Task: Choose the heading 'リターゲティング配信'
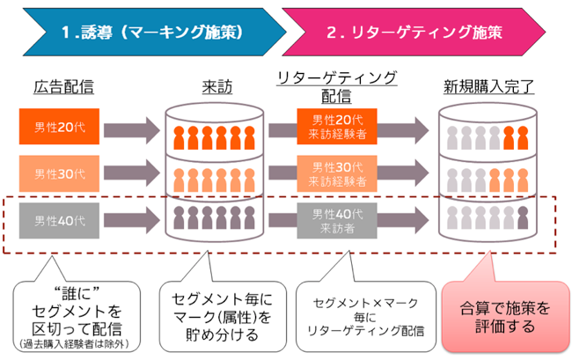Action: click(336, 84)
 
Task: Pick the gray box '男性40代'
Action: click(60, 218)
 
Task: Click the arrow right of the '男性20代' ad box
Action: click(132, 129)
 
